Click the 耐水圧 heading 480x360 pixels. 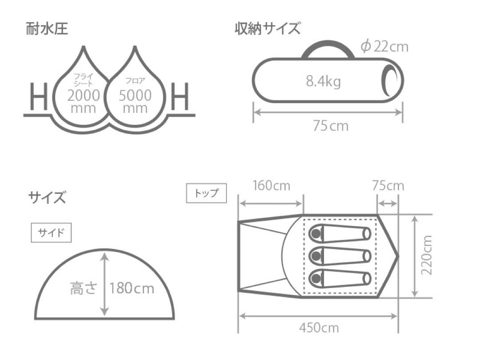(x=47, y=30)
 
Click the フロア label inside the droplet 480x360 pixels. (x=135, y=81)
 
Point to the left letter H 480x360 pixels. (x=38, y=97)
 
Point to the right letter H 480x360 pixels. (x=180, y=97)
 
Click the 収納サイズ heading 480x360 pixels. (x=267, y=29)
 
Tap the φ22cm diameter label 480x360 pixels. (x=384, y=46)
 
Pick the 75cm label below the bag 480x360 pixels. (x=330, y=126)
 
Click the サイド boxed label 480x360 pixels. (x=51, y=233)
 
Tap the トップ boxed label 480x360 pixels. (x=206, y=193)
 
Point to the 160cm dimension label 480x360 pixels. (x=271, y=185)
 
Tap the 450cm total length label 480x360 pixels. (x=318, y=328)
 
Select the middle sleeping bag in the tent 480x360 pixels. (x=340, y=255)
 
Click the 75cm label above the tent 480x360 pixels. (x=388, y=185)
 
